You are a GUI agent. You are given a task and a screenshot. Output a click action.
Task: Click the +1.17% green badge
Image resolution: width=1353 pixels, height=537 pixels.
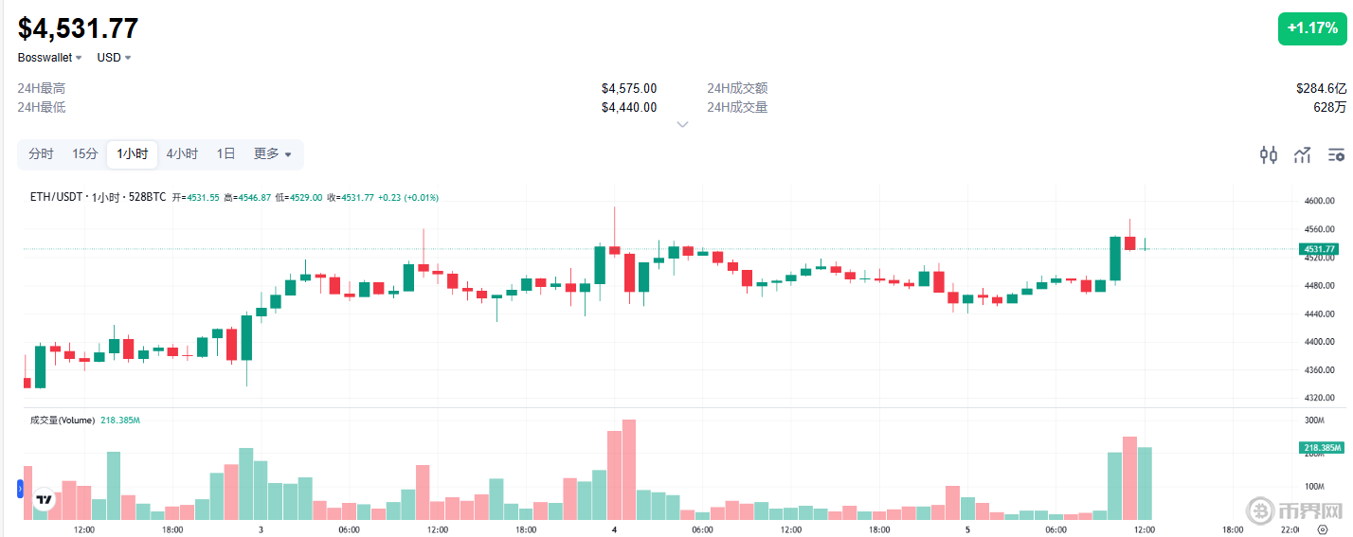tap(1311, 28)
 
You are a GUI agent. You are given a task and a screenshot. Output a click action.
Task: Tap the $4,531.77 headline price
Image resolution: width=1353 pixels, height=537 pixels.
tap(79, 28)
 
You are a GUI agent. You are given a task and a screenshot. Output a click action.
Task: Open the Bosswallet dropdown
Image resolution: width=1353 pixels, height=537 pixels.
tap(50, 58)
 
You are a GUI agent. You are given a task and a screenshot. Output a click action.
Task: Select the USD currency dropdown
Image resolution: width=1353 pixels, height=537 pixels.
tap(114, 58)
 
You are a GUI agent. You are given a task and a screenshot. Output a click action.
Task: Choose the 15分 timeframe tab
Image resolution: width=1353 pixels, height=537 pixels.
tap(85, 154)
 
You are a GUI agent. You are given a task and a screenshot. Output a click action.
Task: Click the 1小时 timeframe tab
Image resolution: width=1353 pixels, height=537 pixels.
tap(133, 154)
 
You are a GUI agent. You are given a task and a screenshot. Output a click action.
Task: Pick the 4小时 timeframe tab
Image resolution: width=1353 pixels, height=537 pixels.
tap(182, 154)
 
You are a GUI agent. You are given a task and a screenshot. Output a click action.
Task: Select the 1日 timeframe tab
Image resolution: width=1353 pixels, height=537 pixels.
tap(225, 154)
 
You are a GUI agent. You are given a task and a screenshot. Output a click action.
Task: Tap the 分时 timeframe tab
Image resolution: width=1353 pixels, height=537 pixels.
tap(41, 154)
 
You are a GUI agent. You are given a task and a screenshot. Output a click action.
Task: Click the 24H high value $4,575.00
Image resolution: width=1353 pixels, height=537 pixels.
tap(628, 88)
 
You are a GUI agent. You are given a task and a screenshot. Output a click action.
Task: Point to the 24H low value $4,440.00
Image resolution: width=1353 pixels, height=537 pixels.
tap(628, 107)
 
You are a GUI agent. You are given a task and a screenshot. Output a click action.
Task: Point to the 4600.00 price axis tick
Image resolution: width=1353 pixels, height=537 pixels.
tap(1320, 202)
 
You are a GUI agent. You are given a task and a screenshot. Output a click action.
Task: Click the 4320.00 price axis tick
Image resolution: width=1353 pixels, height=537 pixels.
tap(1320, 398)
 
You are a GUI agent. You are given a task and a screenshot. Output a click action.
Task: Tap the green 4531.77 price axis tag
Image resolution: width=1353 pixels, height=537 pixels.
tap(1318, 249)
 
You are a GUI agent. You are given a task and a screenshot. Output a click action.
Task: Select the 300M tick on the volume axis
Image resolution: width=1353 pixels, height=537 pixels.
tap(1314, 420)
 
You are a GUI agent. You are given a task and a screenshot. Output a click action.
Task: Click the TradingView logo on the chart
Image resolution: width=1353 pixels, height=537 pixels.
tap(43, 499)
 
